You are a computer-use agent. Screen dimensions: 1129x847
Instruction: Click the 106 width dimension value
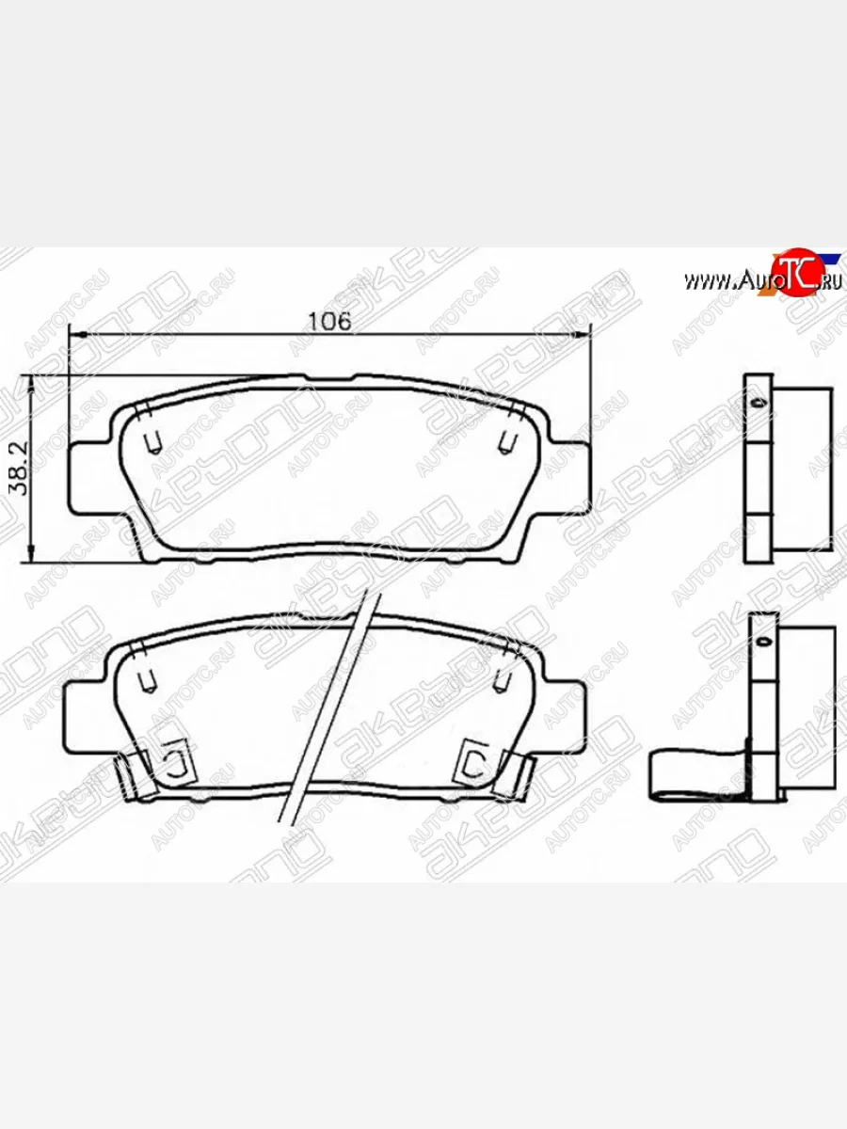[329, 320]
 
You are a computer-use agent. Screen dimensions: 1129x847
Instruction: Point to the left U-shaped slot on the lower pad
[147, 680]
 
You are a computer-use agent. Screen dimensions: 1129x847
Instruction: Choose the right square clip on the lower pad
[473, 760]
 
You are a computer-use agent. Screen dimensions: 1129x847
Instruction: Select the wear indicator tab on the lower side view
[696, 776]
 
